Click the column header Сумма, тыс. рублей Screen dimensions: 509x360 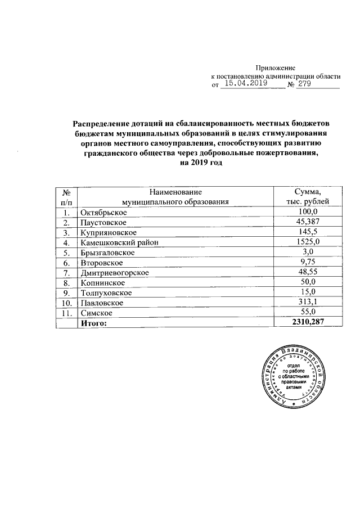(304, 197)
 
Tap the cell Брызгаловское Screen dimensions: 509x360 (107, 253)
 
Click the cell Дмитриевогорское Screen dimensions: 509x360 (114, 273)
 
